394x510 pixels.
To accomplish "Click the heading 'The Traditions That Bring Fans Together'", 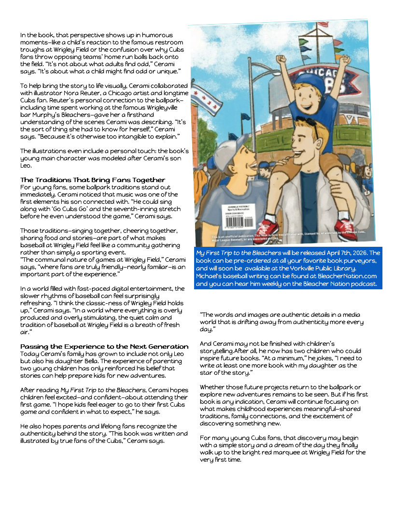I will coord(93,180).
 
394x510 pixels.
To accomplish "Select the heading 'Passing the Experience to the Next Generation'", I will coord(104,346).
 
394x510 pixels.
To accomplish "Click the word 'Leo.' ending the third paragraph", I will coord(27,166).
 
